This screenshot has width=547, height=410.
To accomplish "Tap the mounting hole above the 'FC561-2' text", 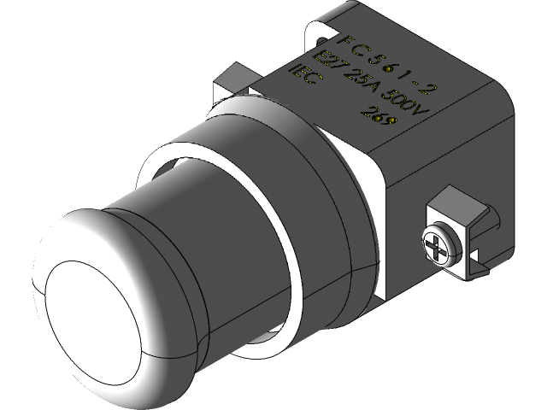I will click(319, 38).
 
